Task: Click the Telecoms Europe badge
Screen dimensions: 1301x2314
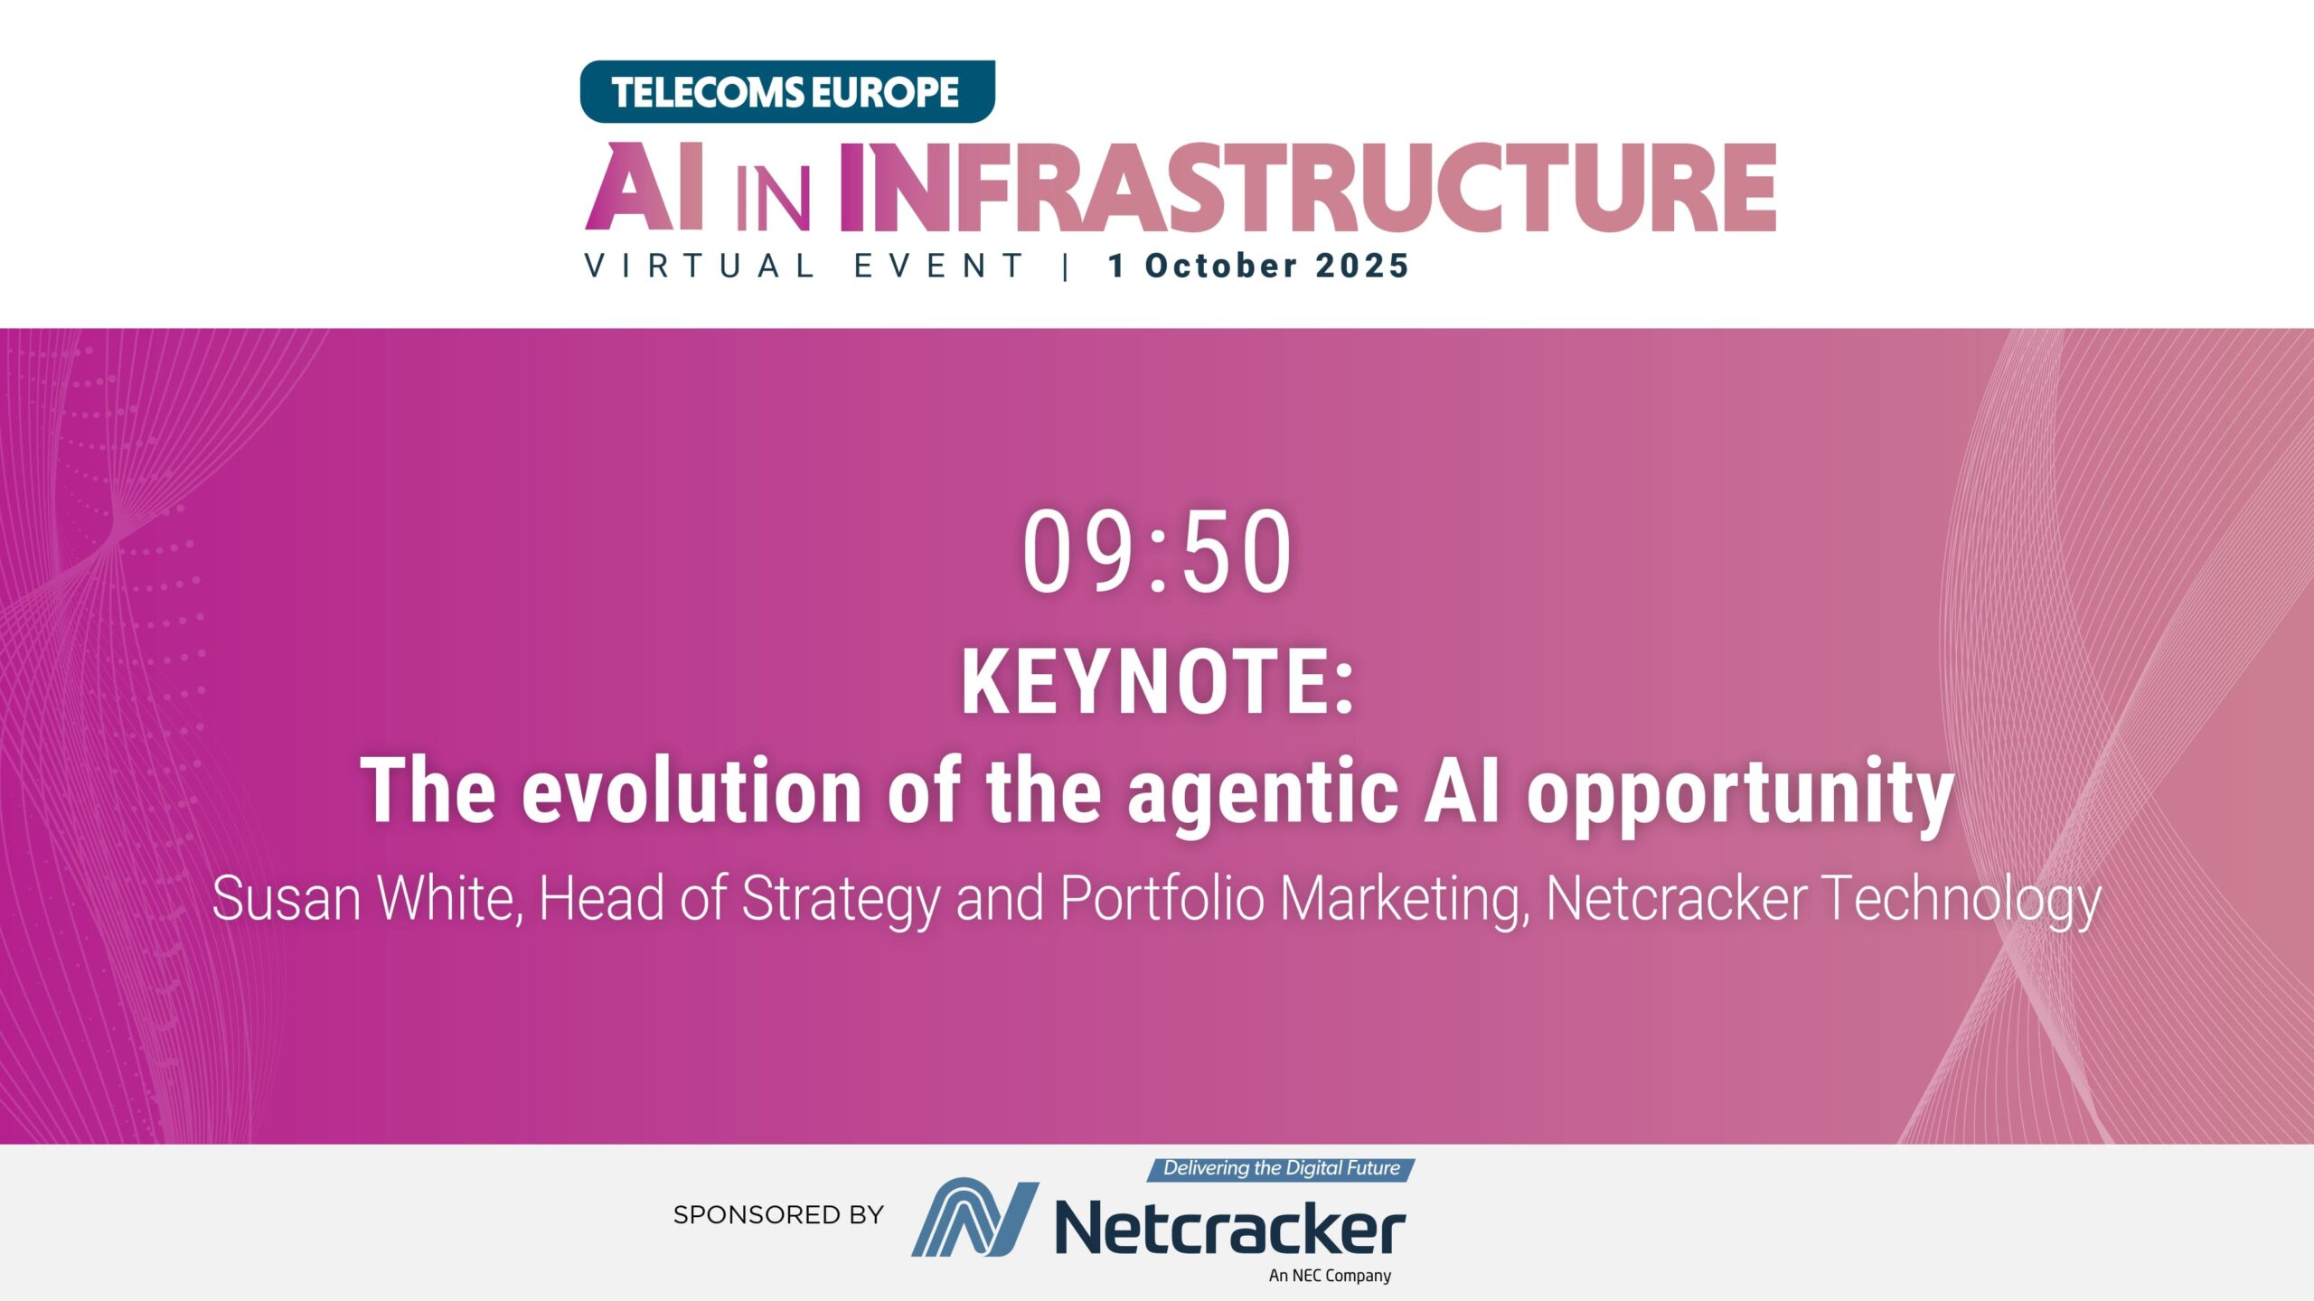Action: (786, 91)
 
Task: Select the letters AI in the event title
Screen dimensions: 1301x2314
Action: (644, 189)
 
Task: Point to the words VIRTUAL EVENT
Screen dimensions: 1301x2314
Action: (804, 266)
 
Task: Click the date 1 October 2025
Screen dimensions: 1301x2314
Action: (1258, 266)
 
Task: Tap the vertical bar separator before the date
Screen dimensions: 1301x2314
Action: (1067, 267)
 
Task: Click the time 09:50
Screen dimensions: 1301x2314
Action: (1157, 550)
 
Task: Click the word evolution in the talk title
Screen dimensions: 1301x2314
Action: (691, 791)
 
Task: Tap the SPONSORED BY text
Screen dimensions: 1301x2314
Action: (777, 1215)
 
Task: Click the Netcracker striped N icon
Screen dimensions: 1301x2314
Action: (973, 1217)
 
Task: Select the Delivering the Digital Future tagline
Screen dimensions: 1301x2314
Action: (1281, 1168)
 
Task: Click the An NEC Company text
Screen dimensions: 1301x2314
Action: (1329, 1276)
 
